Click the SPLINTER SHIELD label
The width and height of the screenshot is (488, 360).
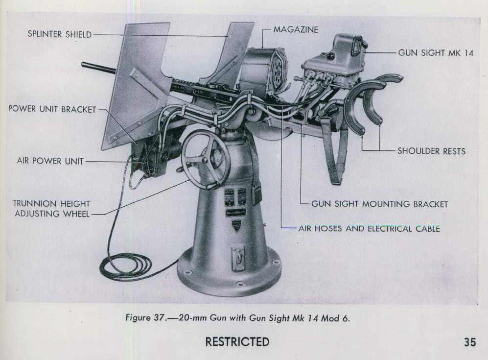tap(59, 35)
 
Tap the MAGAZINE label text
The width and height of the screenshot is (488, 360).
tap(296, 30)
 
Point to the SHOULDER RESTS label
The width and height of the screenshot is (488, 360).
tap(431, 151)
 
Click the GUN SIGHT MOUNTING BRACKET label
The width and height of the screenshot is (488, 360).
tap(379, 204)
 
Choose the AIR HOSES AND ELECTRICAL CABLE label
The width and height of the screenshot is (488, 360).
tap(369, 228)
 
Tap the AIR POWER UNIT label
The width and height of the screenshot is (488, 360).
tap(50, 161)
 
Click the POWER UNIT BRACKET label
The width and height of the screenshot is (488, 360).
tap(52, 109)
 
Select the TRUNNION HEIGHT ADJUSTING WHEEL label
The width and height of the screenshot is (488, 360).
tap(52, 208)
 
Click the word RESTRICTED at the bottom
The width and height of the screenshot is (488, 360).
tap(237, 341)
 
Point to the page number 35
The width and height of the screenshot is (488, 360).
tap(470, 342)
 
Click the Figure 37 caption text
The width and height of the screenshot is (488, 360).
tap(238, 318)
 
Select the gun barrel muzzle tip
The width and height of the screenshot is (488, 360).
tap(84, 65)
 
